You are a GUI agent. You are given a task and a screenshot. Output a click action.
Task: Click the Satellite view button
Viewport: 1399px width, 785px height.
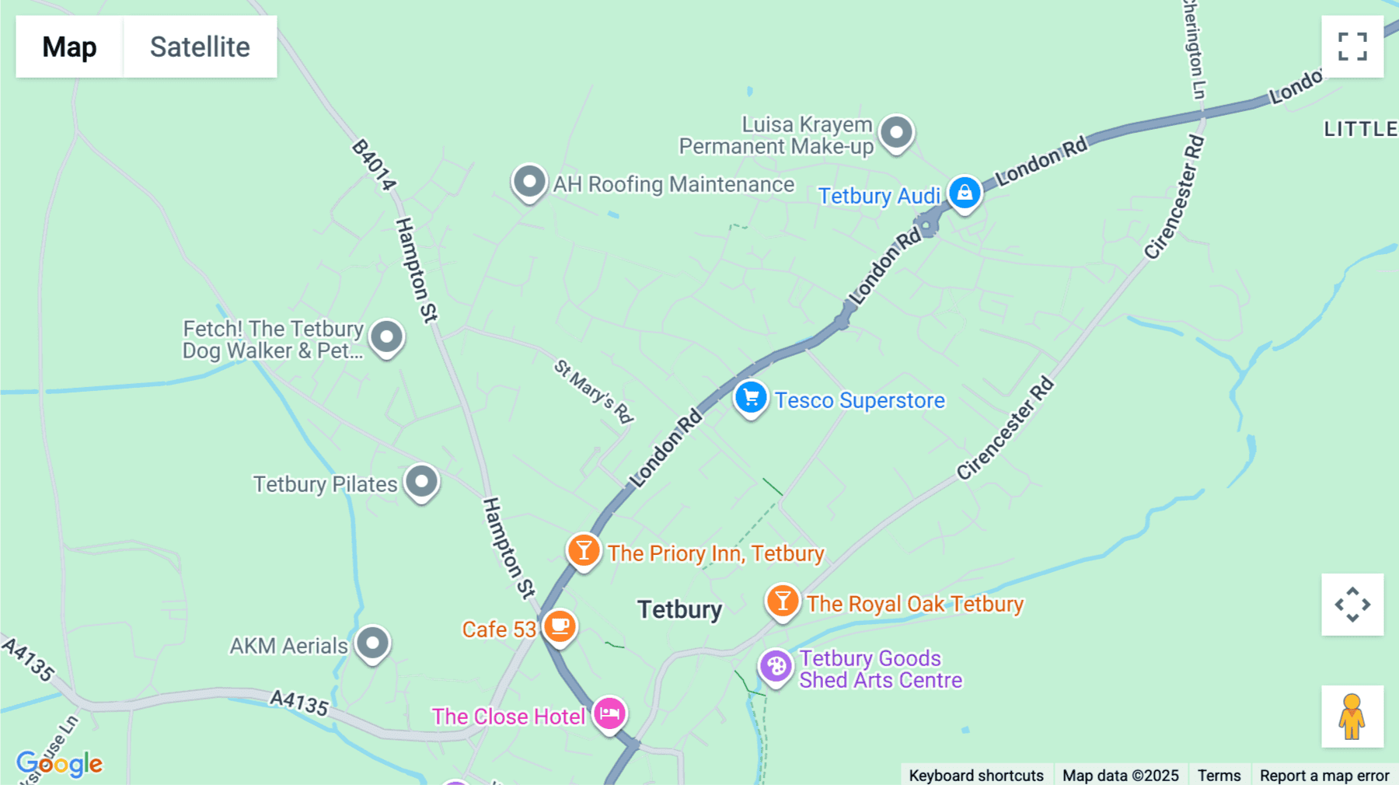(200, 47)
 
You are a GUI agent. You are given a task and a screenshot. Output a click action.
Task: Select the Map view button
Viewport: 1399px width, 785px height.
(69, 47)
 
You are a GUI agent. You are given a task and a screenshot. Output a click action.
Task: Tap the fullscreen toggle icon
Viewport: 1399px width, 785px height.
(1352, 47)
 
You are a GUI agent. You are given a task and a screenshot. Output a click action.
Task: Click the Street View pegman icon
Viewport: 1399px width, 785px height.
(1352, 717)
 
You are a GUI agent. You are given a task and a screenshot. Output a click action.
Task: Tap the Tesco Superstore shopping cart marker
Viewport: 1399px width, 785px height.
(751, 398)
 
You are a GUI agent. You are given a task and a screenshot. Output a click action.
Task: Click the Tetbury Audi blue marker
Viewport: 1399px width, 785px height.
(965, 192)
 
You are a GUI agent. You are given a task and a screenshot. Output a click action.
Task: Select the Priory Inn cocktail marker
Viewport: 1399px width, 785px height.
(584, 551)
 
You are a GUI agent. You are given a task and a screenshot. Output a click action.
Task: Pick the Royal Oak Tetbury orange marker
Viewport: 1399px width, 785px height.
(783, 602)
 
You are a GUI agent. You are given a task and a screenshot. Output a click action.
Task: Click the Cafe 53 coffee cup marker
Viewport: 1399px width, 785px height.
(560, 626)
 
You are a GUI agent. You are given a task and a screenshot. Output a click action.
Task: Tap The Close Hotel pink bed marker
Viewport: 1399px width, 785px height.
(609, 713)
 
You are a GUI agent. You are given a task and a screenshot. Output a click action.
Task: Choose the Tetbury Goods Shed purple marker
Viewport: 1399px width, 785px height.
(776, 666)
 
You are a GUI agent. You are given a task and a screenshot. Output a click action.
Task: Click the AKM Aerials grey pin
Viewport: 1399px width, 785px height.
(373, 644)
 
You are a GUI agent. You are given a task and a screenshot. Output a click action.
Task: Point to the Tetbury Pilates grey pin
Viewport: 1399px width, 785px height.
(422, 482)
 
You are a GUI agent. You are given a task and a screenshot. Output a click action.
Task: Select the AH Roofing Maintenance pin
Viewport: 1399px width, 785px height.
(530, 183)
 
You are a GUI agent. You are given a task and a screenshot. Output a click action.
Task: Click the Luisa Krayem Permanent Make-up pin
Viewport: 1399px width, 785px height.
(897, 133)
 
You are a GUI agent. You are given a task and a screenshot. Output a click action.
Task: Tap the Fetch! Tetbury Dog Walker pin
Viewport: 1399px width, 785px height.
(387, 337)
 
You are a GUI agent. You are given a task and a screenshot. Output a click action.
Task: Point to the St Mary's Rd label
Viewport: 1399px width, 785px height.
(594, 390)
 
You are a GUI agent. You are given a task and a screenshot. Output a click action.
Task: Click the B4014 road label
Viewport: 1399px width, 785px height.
(374, 164)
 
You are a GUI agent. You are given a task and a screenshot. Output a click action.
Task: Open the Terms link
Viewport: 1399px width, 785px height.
(1219, 775)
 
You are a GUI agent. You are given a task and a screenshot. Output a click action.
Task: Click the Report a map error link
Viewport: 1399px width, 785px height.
(1324, 775)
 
